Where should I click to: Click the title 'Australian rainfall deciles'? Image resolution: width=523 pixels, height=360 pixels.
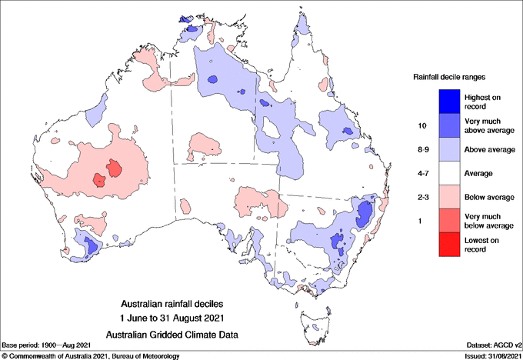click(178, 304)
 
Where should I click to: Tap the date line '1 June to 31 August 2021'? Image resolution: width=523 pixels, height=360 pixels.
click(178, 318)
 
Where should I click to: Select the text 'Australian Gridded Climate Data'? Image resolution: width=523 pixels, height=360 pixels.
click(178, 334)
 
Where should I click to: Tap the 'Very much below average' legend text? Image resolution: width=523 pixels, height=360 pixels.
click(488, 222)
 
